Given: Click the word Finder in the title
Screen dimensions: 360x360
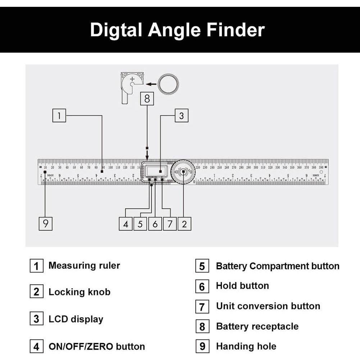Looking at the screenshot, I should [236, 30].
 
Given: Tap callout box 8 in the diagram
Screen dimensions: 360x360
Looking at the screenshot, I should [147, 98].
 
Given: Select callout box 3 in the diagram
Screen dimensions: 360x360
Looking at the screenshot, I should [181, 116].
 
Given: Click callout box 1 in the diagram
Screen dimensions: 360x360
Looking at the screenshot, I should [59, 116].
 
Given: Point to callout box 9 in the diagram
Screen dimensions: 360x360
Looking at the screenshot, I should [45, 224].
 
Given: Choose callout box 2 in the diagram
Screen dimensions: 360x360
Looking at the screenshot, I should [184, 224].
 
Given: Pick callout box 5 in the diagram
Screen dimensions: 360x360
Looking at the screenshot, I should [140, 224].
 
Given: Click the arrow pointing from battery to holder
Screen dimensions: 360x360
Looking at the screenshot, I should [151, 84].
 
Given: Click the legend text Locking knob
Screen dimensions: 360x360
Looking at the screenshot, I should [79, 292].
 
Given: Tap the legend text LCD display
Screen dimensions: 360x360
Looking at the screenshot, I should [76, 319].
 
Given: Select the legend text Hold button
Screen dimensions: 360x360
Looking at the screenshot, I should [242, 286].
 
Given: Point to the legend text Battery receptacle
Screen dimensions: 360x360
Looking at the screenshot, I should [257, 326].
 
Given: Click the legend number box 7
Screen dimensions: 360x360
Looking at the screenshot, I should [202, 307].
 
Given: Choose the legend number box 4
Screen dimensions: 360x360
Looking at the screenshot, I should [36, 347].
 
